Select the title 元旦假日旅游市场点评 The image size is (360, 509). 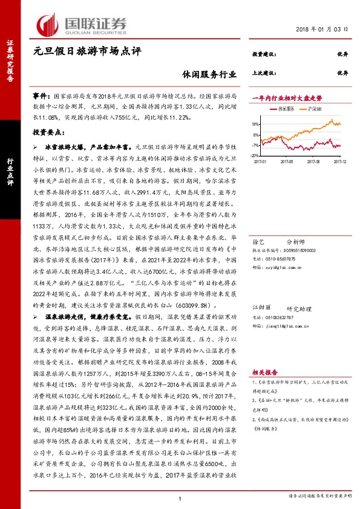pyautogui.click(x=87, y=53)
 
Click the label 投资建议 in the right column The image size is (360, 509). pyautogui.click(x=264, y=54)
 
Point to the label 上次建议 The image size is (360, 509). pyautogui.click(x=264, y=73)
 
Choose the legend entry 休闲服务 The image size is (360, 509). pyautogui.click(x=285, y=109)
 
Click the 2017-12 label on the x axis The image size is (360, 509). pyautogui.click(x=339, y=161)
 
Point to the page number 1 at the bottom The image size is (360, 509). pyautogui.click(x=180, y=498)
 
